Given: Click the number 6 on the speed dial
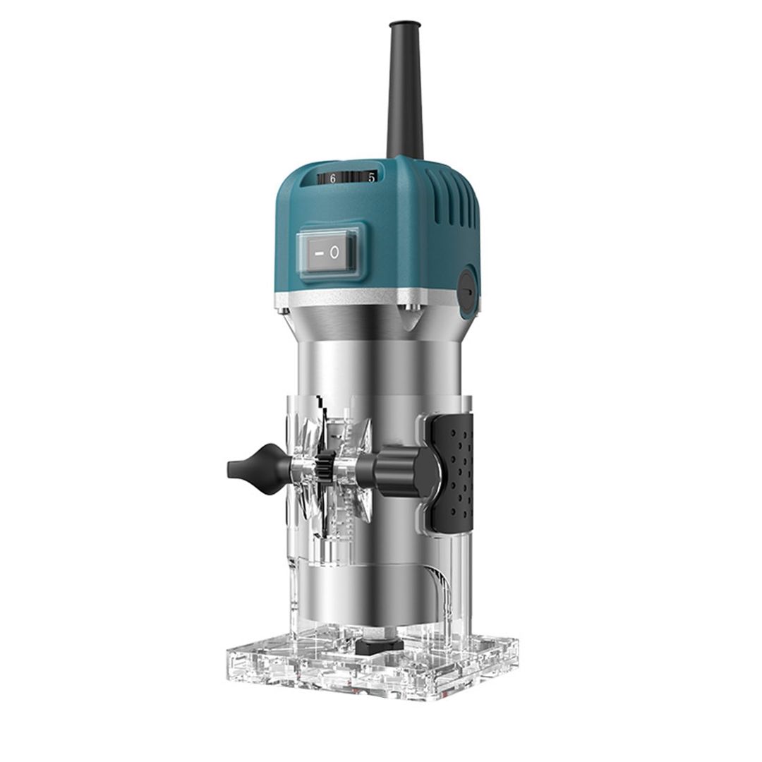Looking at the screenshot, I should tap(332, 179).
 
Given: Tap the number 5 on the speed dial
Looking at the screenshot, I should tap(370, 177).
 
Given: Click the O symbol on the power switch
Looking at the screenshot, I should tap(334, 253).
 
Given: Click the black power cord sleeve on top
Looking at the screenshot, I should tap(405, 99).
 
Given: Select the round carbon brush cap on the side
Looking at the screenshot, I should tap(467, 289).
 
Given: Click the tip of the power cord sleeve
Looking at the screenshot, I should tap(404, 26).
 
